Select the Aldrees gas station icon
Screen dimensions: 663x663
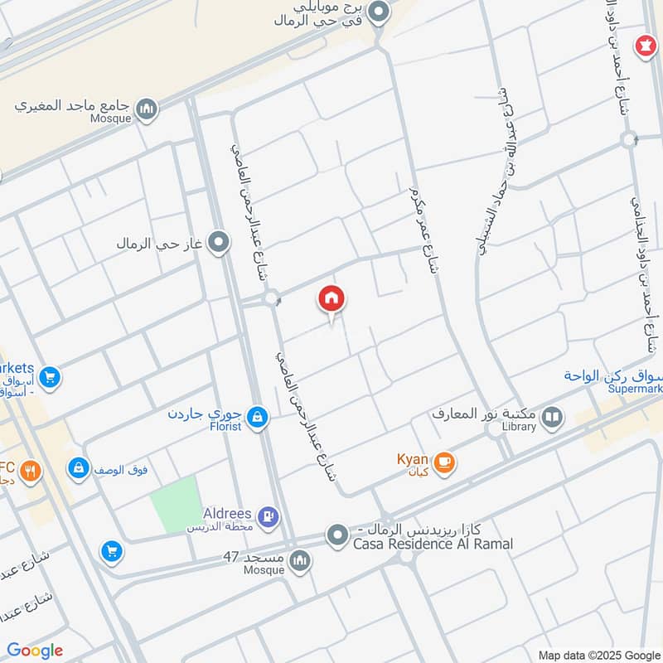point(268,519)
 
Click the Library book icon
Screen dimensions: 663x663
point(552,419)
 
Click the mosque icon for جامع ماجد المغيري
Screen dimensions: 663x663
point(147,109)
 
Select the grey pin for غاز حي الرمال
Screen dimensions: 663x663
point(219,243)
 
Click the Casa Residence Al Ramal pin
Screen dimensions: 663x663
point(336,535)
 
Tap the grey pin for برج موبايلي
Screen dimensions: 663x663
point(379,12)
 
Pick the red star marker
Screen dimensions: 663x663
point(643,46)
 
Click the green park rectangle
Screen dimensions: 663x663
point(176,504)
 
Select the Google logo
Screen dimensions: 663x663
point(35,651)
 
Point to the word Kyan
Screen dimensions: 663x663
point(412,458)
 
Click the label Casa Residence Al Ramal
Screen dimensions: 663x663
point(433,544)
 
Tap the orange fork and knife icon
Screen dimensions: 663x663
point(31,472)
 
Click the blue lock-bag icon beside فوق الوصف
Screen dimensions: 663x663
point(80,469)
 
